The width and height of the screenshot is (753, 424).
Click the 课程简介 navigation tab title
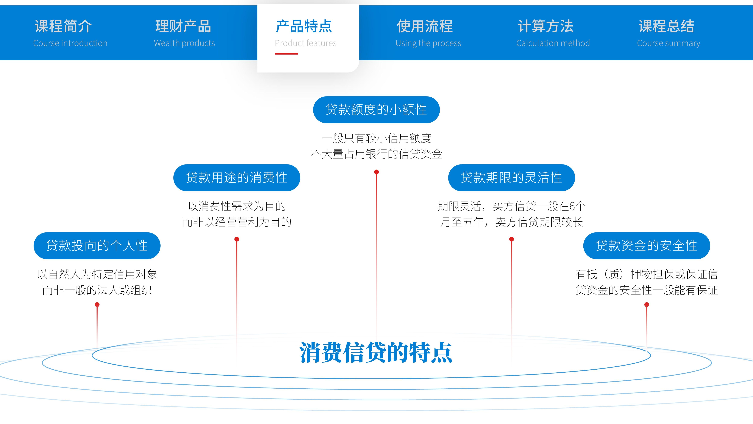click(63, 26)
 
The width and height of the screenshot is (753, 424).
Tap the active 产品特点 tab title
click(304, 26)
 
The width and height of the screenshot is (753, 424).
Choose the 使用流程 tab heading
click(425, 26)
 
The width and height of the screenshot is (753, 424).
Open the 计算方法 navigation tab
click(545, 26)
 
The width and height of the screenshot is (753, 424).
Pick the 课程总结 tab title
click(666, 26)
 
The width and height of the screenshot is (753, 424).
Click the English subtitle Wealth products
click(184, 43)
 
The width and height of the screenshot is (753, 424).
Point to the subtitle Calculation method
click(553, 43)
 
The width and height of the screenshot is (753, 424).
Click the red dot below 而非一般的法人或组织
click(97, 305)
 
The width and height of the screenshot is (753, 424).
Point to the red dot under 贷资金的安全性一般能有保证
click(647, 305)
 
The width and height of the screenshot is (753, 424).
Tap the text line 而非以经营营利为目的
click(236, 222)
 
